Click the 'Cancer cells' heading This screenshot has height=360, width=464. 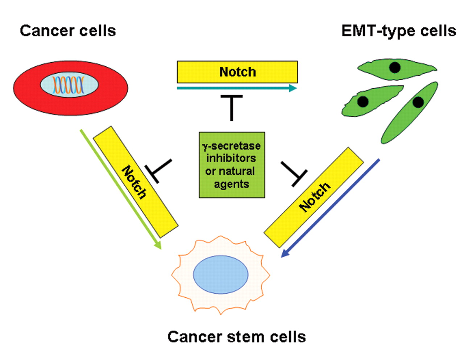[x=68, y=31]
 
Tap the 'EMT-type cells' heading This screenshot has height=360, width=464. [x=398, y=31]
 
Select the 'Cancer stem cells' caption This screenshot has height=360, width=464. [x=236, y=337]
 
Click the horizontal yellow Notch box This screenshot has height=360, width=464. [x=237, y=72]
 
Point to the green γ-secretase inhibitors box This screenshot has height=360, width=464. [x=232, y=165]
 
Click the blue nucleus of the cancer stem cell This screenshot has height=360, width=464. [x=221, y=274]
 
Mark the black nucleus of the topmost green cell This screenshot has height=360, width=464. [x=394, y=67]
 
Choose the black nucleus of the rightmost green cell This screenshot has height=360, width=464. [x=418, y=102]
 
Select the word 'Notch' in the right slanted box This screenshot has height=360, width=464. [x=314, y=196]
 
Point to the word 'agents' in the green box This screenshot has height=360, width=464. [x=231, y=184]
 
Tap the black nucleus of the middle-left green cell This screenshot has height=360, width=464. [x=363, y=102]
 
